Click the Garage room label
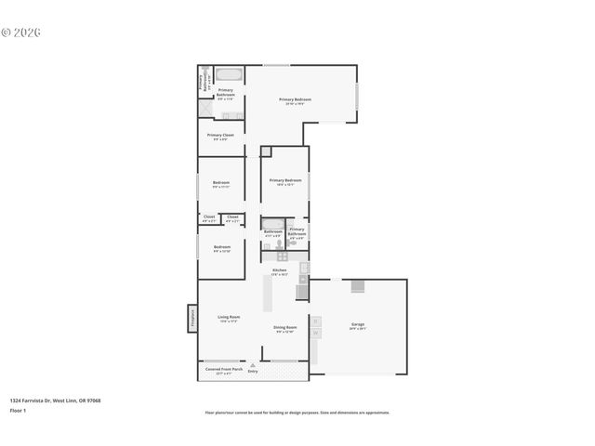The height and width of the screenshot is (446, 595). coord(357,325)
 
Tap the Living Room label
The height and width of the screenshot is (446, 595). coord(229,319)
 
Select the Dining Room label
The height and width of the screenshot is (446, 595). coord(284,329)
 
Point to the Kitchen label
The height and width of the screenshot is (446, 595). coord(279,271)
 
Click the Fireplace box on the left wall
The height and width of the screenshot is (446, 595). coord(192,319)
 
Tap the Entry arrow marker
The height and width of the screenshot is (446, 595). coord(252,366)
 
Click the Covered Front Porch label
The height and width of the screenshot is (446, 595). coord(223,370)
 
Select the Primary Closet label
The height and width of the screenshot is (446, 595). coord(220,137)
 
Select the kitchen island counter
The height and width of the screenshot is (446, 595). coord(268,295)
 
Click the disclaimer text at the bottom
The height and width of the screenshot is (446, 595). coord(297,413)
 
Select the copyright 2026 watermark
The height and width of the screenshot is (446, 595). coord(21,32)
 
